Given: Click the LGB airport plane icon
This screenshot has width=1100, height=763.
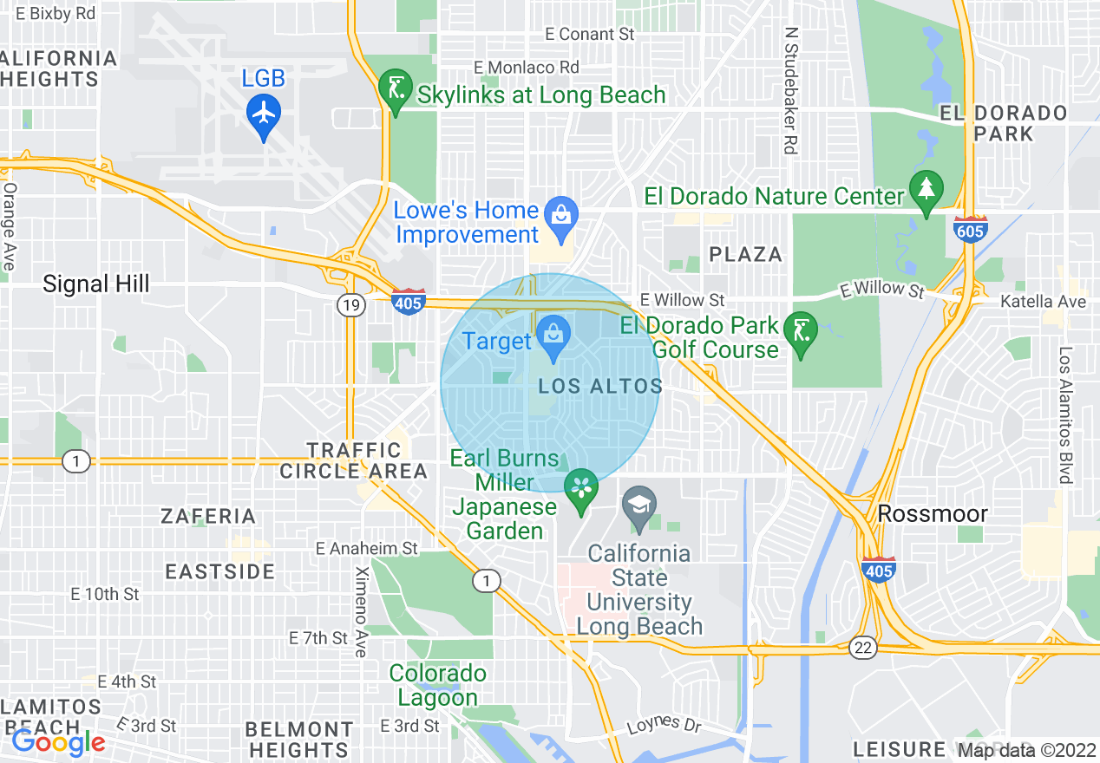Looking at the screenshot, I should [263, 114].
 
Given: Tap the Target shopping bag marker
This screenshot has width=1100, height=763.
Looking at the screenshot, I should [552, 333].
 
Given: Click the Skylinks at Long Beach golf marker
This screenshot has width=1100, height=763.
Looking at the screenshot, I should [395, 88].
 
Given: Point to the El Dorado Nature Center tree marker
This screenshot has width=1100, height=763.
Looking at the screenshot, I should [926, 188].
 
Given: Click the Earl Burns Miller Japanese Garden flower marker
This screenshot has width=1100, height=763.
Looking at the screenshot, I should [581, 487].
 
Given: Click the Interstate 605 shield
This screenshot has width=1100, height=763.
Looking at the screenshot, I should [968, 230].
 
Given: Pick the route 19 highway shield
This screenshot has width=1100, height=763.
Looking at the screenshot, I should [350, 304].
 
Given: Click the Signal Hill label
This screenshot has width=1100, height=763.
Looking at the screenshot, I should [96, 284].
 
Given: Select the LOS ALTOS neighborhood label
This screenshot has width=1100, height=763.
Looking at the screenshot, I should [600, 387].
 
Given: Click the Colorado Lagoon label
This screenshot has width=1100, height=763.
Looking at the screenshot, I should [437, 685].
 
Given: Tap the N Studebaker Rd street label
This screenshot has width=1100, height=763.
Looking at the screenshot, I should [789, 89].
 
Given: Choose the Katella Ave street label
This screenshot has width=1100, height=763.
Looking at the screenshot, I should [1043, 302].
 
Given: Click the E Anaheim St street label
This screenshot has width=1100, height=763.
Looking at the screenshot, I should [367, 548].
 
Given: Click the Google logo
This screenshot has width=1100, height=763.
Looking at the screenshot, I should [58, 741].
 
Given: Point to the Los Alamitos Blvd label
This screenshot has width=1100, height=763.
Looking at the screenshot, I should [1065, 415].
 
